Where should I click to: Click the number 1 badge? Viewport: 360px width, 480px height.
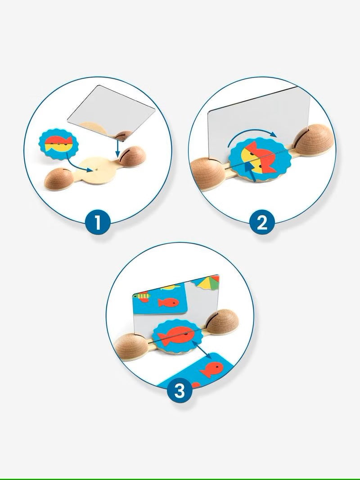tap(98, 222)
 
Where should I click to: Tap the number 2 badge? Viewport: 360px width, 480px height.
tap(262, 223)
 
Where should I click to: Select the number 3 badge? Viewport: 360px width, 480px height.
tap(180, 390)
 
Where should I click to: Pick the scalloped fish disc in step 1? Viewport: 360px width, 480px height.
tap(58, 144)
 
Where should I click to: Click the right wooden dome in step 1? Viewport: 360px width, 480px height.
tap(132, 156)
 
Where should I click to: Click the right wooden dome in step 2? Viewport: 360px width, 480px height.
tap(313, 140)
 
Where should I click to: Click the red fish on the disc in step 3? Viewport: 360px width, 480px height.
tap(177, 336)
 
